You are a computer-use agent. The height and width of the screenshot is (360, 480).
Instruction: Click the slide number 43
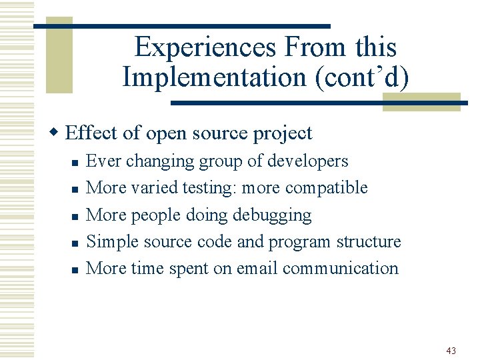tap(451, 351)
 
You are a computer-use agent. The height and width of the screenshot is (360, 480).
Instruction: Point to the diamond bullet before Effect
tap(57, 133)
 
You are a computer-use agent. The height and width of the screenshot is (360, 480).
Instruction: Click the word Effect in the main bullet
tap(93, 133)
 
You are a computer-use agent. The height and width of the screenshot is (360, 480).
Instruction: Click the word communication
tap(340, 268)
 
